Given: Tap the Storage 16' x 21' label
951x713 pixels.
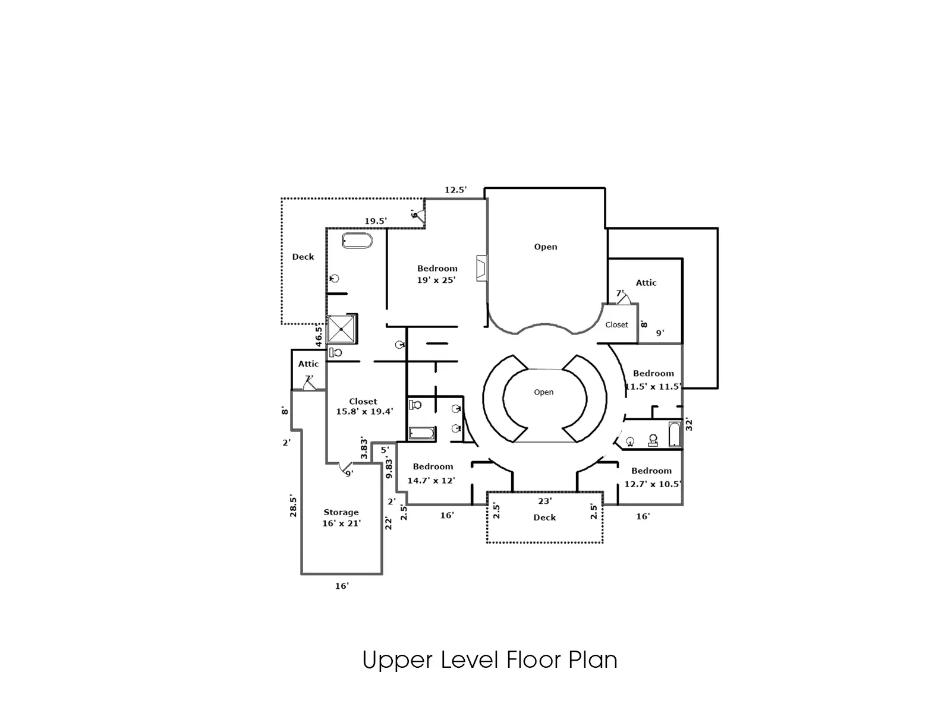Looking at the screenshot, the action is coord(341,518).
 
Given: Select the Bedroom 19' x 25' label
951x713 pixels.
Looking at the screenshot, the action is coord(437,274).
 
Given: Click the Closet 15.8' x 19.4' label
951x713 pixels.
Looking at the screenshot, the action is coord(364,406).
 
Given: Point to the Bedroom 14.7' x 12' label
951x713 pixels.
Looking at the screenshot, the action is coord(432,474).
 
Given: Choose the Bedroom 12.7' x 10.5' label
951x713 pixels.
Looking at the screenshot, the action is coord(653,478).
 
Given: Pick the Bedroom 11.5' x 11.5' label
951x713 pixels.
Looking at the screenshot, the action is coord(653,380).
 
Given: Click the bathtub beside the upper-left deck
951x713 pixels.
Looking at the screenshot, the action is coord(357,241).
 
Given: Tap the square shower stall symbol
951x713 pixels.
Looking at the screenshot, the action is coord(341,329).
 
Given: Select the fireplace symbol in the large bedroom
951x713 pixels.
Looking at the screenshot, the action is coord(482,269).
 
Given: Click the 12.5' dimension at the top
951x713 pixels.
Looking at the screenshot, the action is coord(456,190).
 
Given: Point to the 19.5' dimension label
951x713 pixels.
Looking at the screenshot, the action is coord(376,221).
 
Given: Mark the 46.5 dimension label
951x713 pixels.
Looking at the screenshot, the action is coord(319,336).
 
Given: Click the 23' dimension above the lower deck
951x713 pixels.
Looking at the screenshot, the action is coord(545,501).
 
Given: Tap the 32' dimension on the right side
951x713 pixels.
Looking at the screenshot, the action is coord(689,424).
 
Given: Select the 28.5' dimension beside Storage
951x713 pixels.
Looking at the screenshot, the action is coord(293,505).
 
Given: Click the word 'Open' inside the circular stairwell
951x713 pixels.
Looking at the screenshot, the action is coord(544,392).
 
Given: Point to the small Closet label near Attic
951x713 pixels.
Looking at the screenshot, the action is coord(616,324).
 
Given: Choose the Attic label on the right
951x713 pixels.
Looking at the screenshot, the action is coord(646,283).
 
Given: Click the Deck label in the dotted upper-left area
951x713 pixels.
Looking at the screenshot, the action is coord(303,257).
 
